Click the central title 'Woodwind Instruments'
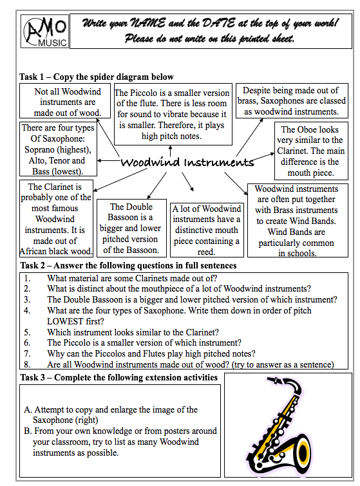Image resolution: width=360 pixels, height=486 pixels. pos(187,162)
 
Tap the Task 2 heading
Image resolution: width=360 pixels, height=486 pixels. pos(128,265)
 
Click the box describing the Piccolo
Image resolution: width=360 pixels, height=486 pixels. pos(171,115)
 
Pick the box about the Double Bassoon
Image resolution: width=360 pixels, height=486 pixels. pos(131,229)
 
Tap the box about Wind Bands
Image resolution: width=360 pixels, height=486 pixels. pos(296,221)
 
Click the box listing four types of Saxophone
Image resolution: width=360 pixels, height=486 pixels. pos(59,149)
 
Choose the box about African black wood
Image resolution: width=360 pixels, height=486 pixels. pos(57,219)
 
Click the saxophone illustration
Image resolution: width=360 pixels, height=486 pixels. pos(289,427)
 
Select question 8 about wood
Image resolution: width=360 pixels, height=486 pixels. pos(190,364)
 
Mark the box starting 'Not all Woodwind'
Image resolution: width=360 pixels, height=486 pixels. pos(66,102)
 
